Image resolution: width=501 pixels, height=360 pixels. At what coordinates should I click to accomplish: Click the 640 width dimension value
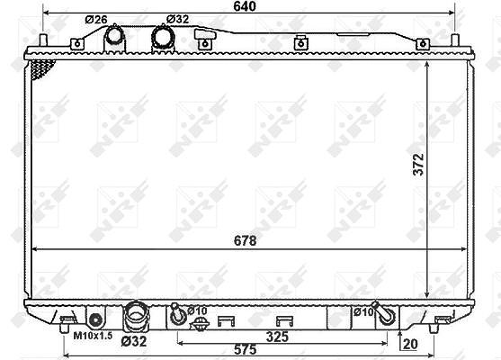(245, 6)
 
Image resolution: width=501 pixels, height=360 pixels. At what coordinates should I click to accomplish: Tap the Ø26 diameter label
(96, 20)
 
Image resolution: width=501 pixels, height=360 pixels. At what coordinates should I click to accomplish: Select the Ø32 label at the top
(178, 19)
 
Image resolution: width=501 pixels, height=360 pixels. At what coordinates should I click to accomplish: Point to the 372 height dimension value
(418, 165)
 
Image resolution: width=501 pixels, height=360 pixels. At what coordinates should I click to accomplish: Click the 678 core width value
(245, 240)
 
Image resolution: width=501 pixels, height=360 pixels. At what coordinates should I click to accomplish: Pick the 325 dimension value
(277, 337)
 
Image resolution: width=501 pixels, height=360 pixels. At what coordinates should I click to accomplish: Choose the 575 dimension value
(245, 349)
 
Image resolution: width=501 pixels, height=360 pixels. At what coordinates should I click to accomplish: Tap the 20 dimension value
(410, 344)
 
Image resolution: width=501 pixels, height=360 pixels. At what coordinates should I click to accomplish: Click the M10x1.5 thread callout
(93, 336)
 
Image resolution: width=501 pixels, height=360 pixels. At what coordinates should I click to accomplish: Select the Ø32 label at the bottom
(134, 341)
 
